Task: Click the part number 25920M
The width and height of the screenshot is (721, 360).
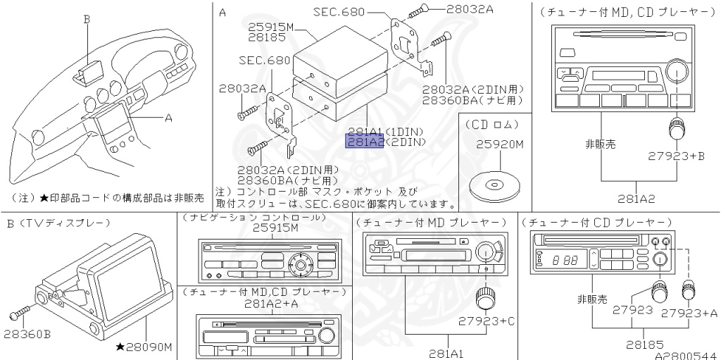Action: click(501, 144)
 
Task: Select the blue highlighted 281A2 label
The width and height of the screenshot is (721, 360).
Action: click(364, 142)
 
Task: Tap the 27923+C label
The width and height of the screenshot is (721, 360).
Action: click(487, 321)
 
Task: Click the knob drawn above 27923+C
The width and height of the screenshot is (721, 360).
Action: click(483, 298)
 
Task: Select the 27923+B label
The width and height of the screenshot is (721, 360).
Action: click(676, 157)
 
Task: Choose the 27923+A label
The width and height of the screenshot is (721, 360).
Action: click(694, 311)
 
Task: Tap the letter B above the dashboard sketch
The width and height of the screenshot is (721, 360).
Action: click(87, 19)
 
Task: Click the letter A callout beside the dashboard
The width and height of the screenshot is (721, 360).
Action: click(168, 118)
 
